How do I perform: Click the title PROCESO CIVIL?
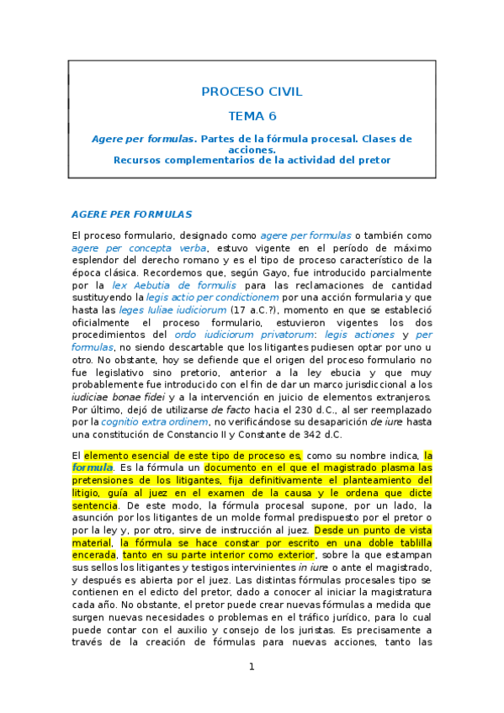pos(252,92)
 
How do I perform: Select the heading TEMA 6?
pos(252,116)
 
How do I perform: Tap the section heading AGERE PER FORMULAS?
pos(131,214)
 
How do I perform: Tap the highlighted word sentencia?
pos(94,505)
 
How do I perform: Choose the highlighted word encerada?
pos(93,555)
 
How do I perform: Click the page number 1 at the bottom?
pos(251,667)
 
